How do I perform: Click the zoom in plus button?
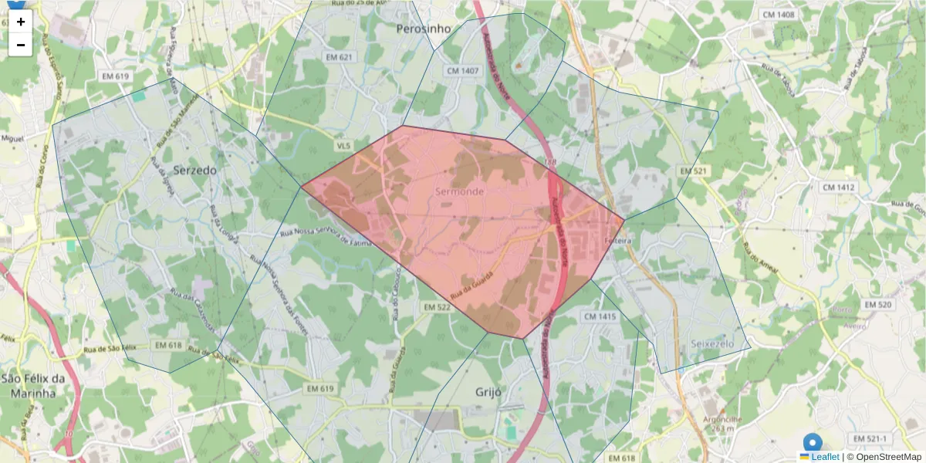click(21, 22)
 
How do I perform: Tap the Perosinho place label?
click(423, 29)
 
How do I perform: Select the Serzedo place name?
click(194, 169)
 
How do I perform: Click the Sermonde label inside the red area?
click(460, 191)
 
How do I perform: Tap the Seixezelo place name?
click(712, 342)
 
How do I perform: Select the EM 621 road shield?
click(339, 57)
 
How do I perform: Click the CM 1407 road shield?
click(463, 70)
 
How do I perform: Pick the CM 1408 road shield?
click(778, 15)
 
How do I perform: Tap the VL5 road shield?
click(343, 145)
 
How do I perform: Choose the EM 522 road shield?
click(437, 308)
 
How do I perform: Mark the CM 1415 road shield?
click(600, 316)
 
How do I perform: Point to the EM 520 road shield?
click(878, 305)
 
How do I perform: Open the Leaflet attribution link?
click(825, 457)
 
